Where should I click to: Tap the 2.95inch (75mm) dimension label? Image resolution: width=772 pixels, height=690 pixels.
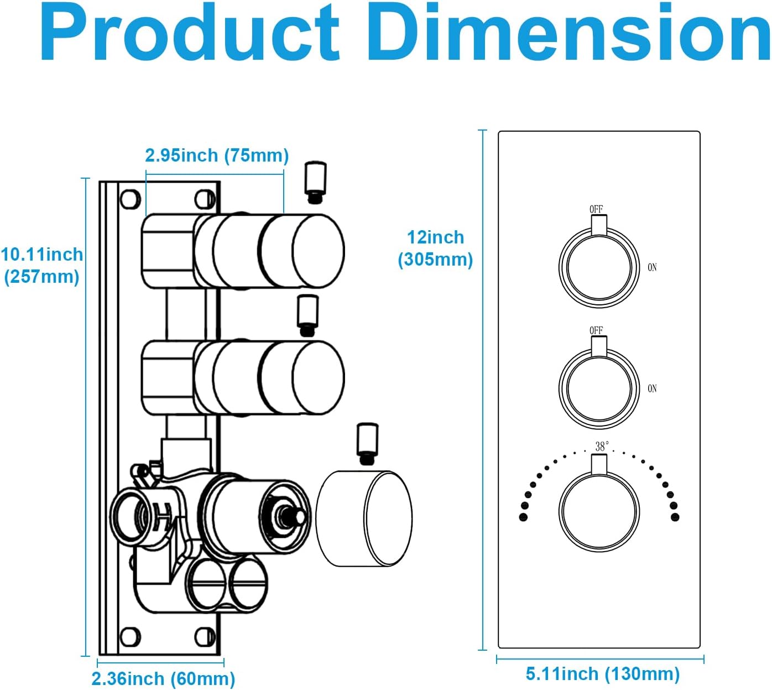pos(217,155)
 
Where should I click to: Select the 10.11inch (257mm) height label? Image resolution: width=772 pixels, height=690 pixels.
pos(41,266)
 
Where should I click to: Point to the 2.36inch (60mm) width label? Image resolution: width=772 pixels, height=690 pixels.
pos(163,678)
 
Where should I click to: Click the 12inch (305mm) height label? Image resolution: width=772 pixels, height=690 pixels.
pos(436,248)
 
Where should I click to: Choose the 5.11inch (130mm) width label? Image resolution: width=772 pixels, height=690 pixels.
pos(602,674)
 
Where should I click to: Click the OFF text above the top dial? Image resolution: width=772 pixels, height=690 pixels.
pos(596,209)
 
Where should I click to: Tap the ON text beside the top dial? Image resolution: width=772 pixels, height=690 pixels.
pos(653,268)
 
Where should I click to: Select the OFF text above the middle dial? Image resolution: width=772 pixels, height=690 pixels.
pos(596,330)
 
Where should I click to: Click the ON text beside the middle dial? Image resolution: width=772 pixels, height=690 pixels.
pos(653,389)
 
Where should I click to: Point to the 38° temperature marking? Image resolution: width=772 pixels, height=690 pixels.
pos(602,446)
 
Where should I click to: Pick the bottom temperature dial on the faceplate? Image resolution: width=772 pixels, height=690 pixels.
pos(599,511)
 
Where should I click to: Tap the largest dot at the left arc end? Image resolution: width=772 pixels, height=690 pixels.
pos(523,517)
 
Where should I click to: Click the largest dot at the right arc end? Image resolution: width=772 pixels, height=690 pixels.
pos(675,517)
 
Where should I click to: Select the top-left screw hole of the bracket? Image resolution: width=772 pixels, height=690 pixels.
pos(130,199)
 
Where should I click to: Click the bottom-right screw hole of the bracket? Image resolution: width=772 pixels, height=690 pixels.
pos(206,637)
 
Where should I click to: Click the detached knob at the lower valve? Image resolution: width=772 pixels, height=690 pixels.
pos(365,518)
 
